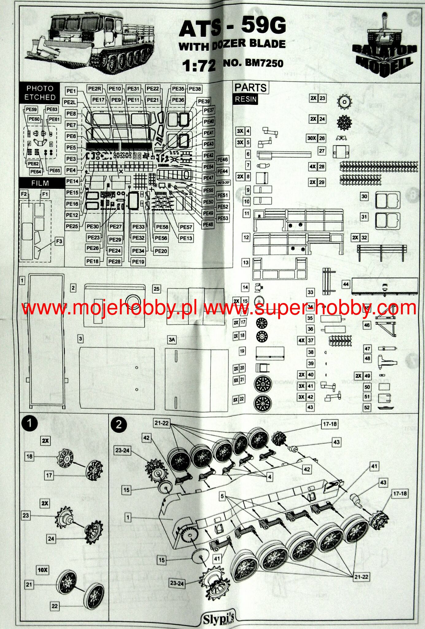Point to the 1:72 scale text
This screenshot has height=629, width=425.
tap(199, 65)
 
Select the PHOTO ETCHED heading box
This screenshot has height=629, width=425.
tap(40, 93)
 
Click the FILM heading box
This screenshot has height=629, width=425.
tap(40, 183)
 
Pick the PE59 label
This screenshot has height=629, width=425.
tap(31, 109)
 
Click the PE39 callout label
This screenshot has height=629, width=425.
tap(204, 101)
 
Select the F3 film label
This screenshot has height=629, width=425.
tap(59, 241)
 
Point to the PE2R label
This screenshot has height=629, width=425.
tap(95, 89)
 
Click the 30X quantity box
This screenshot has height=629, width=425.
tap(311, 138)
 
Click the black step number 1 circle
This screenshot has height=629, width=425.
tap(29, 424)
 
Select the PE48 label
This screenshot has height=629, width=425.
tap(208, 224)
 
